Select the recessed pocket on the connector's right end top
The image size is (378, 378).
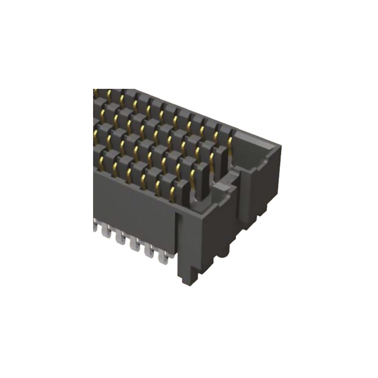(258, 161)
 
